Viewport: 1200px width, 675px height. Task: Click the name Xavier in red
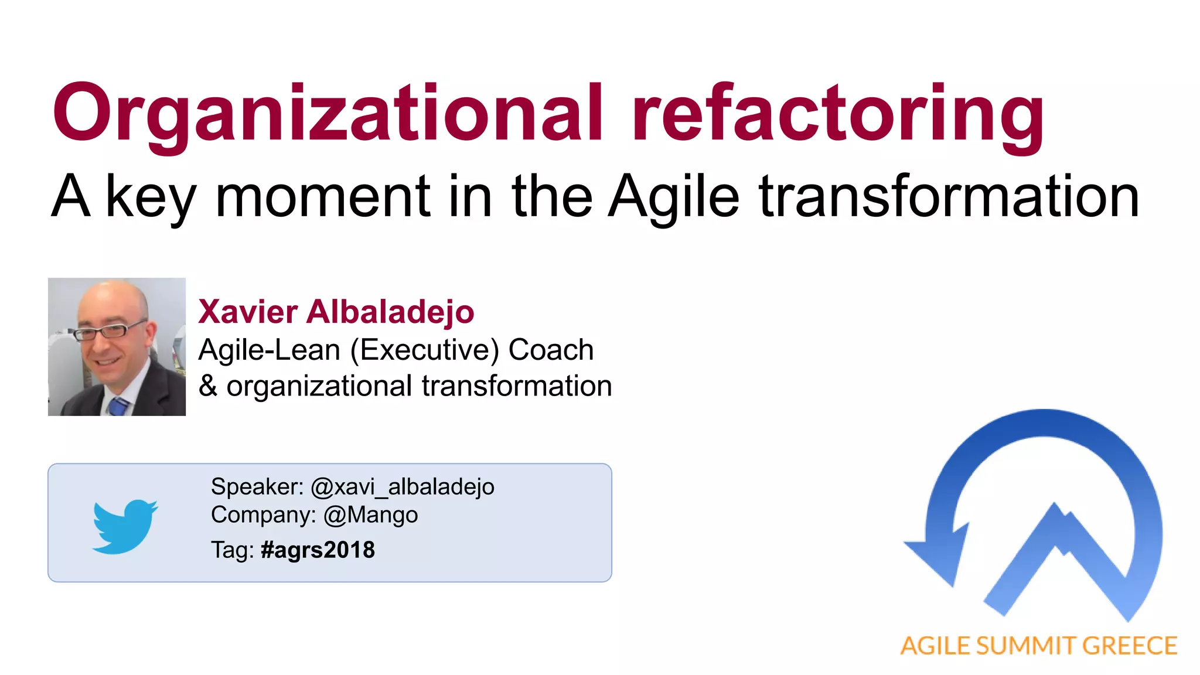pyautogui.click(x=247, y=311)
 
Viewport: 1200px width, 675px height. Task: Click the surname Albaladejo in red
pyautogui.click(x=390, y=311)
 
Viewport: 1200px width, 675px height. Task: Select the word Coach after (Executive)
pyautogui.click(x=551, y=350)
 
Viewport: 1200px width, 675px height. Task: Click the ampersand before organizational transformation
pyautogui.click(x=207, y=386)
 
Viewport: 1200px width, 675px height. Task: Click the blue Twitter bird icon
pyautogui.click(x=125, y=526)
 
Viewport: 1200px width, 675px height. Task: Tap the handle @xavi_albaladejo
pyautogui.click(x=402, y=486)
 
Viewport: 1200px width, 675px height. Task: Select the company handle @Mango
pyautogui.click(x=370, y=515)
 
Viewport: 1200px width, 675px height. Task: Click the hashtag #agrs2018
pyautogui.click(x=318, y=550)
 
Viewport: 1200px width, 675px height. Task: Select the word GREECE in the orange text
pyautogui.click(x=1129, y=646)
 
